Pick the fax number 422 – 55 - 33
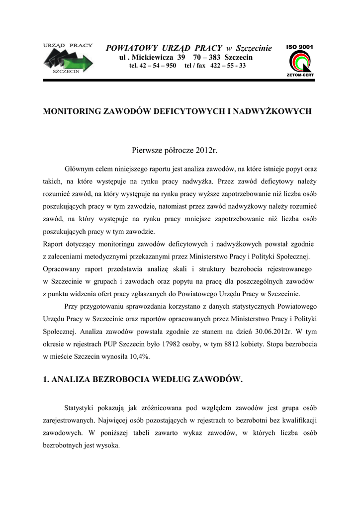228,66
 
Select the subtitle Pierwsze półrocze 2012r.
175,150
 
